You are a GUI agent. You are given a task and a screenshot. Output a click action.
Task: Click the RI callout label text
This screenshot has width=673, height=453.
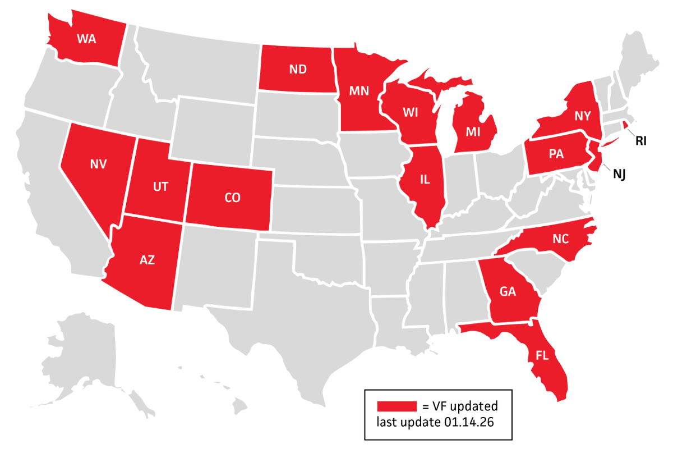(x=641, y=141)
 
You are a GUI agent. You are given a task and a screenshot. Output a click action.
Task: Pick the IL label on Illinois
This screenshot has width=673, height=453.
(x=425, y=180)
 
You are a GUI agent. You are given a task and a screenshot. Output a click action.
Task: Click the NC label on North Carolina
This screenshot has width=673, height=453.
(x=560, y=239)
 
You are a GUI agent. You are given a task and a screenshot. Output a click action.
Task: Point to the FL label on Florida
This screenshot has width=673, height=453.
(x=542, y=355)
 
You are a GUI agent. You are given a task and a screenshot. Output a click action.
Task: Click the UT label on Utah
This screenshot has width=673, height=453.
(x=160, y=187)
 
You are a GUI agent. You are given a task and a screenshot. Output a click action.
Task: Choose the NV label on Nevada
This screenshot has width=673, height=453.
(x=98, y=164)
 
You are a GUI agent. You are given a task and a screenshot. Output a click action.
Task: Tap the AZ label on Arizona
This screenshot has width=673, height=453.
(x=147, y=259)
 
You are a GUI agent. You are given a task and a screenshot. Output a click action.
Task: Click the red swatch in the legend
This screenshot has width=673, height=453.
(x=397, y=406)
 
